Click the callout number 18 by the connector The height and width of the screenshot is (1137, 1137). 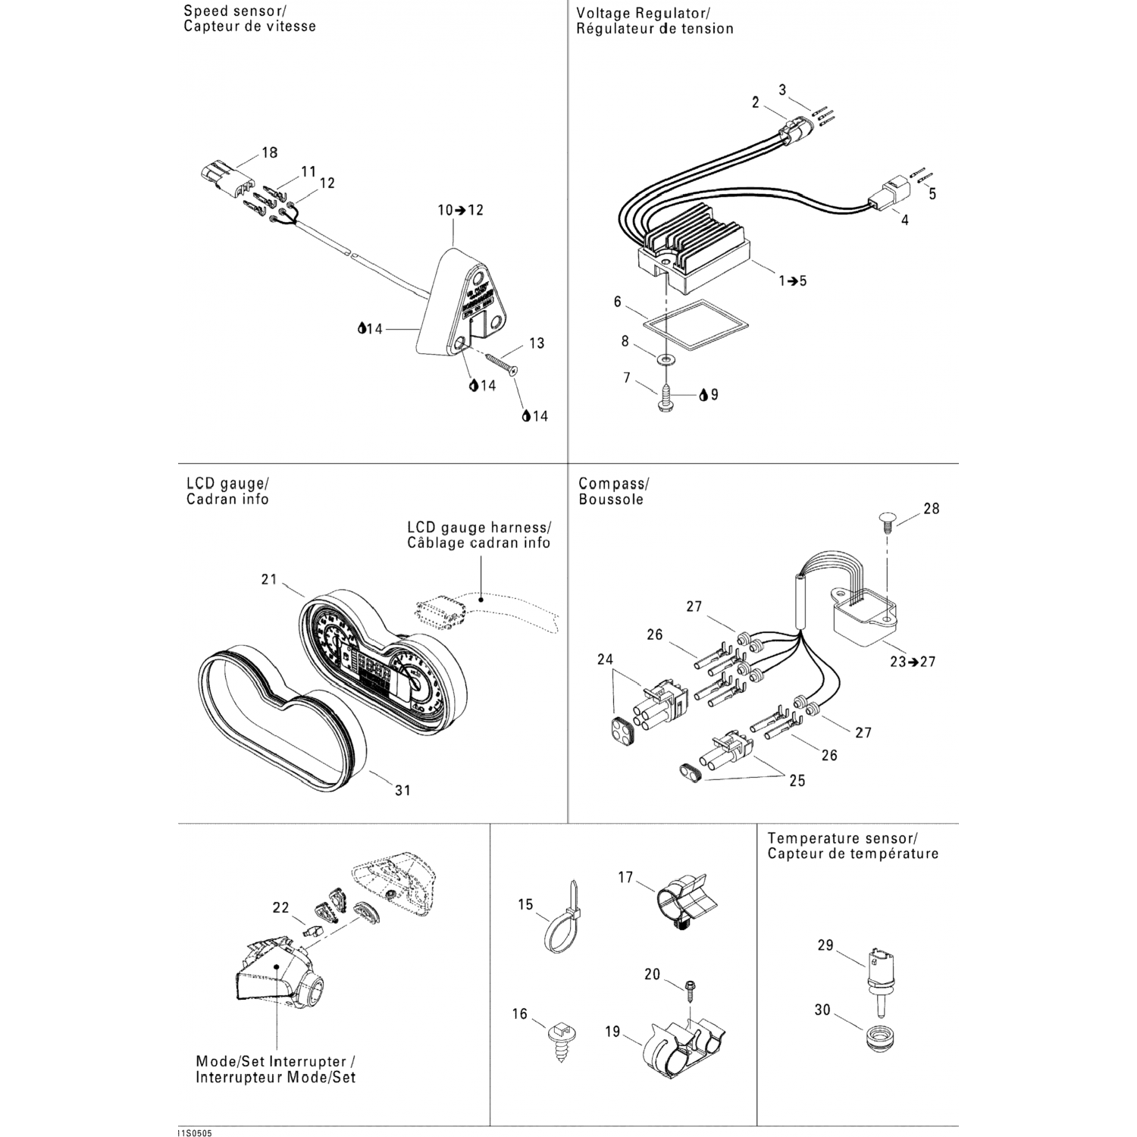point(269,152)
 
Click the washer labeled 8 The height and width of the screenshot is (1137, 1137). point(666,357)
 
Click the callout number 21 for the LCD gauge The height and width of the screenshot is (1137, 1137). point(269,580)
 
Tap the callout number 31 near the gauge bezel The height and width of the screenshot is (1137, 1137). point(402,790)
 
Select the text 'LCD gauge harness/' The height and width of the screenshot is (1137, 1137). point(478,528)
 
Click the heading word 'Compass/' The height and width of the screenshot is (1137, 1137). point(613,484)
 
